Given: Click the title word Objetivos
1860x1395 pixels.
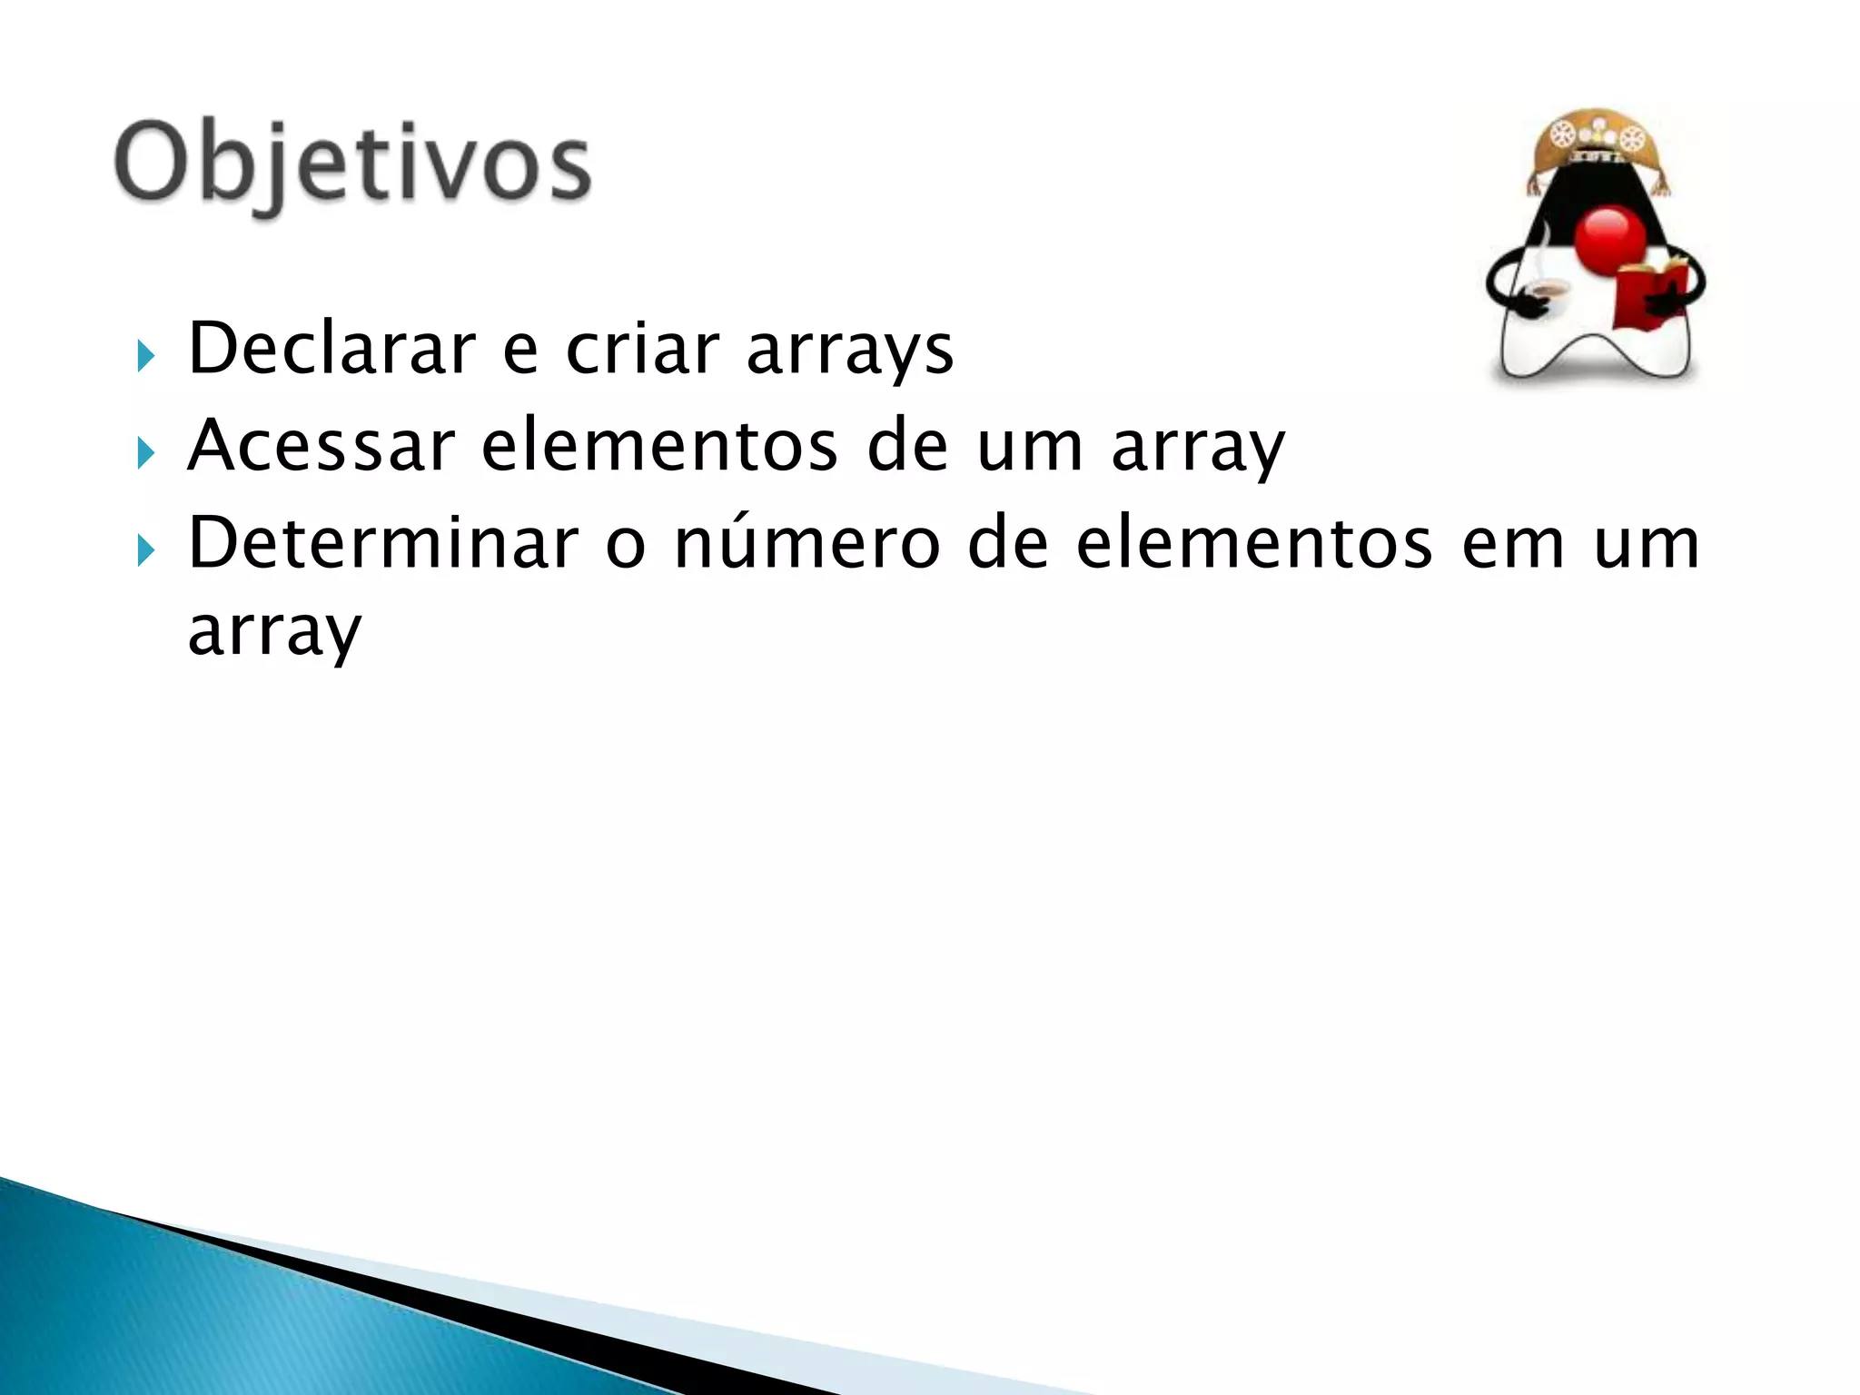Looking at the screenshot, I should [x=352, y=163].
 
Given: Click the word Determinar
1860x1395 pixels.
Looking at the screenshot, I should [x=382, y=542].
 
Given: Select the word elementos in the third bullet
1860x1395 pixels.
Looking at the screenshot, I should [x=1254, y=542].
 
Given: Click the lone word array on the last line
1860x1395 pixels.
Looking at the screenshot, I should [x=274, y=632].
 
